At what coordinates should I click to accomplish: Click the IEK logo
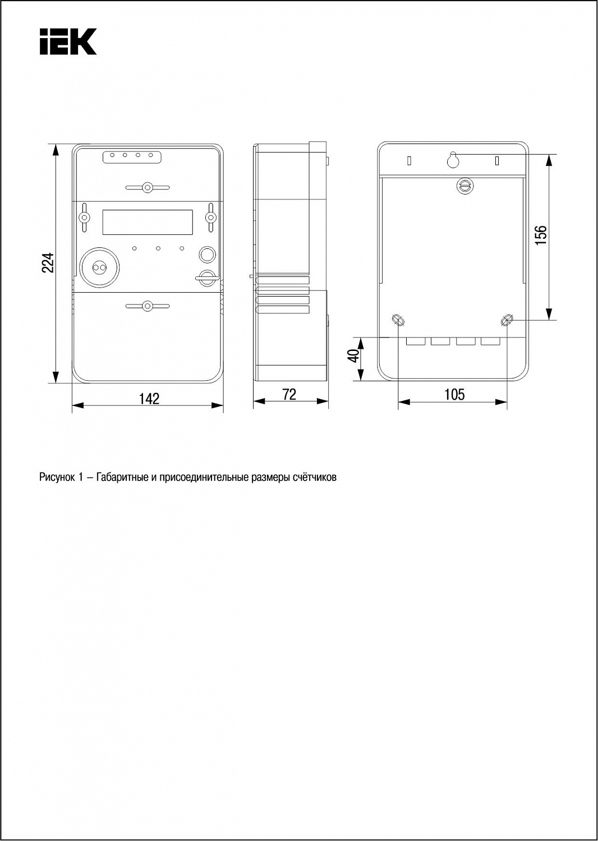click(68, 41)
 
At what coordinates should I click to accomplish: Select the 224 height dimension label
click(48, 263)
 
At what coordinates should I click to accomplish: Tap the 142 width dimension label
click(149, 398)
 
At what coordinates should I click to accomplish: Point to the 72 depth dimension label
click(289, 394)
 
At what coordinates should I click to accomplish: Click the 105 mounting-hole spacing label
click(454, 394)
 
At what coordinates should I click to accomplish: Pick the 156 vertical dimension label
click(541, 235)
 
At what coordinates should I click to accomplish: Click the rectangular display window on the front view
click(148, 222)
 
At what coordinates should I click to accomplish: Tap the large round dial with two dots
click(99, 267)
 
